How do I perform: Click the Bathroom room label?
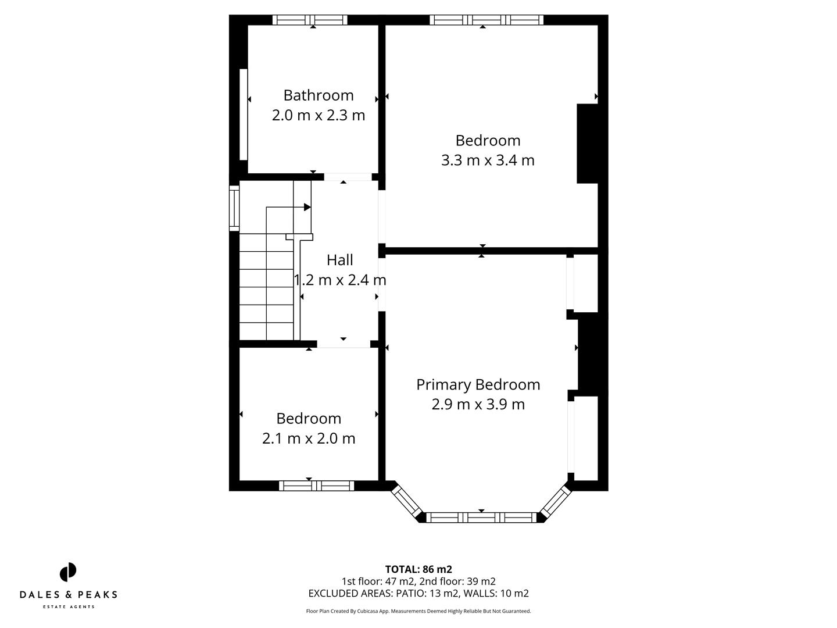point(318,95)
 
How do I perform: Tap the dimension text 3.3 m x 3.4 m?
point(487,160)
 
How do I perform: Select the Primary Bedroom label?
point(478,385)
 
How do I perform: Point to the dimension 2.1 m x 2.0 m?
point(308,438)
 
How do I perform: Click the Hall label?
point(339,260)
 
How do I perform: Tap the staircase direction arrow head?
point(307,207)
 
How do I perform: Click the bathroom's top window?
point(310,20)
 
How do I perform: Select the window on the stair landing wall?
point(234,208)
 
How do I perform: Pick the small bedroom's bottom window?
point(316,486)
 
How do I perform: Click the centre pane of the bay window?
point(481,517)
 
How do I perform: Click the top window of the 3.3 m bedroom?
point(487,20)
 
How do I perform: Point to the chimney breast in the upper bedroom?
point(587,144)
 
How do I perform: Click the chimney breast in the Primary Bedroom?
point(592,353)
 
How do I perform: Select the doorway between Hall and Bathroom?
point(347,177)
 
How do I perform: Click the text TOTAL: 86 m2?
point(419,569)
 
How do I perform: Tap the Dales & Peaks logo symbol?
point(68,572)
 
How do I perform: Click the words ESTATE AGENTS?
point(69,607)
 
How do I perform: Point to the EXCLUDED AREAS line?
point(419,594)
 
